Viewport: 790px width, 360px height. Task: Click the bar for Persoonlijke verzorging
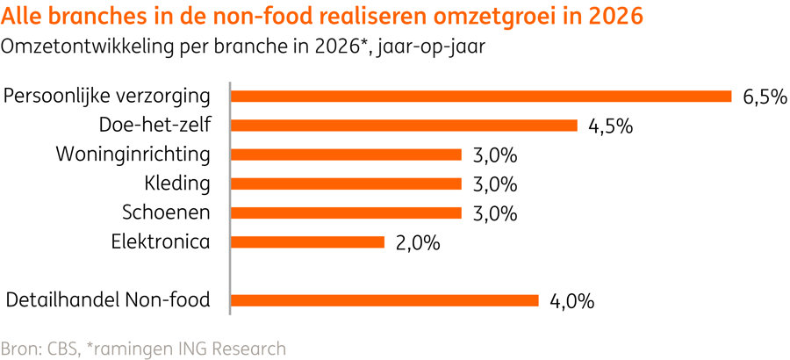[480, 97]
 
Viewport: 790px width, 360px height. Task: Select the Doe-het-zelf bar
[403, 126]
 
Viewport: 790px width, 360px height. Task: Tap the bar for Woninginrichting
[345, 155]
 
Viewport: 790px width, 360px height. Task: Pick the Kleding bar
[345, 184]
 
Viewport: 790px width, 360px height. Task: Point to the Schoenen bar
[345, 212]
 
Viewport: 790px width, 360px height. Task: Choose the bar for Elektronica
[306, 241]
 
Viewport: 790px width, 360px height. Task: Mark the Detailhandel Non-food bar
[384, 300]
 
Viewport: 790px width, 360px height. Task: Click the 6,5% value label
[764, 97]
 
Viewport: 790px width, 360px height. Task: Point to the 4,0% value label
[571, 301]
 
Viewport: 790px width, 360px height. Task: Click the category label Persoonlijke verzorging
[107, 97]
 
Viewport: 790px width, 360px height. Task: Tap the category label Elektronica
[161, 241]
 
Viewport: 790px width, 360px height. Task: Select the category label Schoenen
[165, 212]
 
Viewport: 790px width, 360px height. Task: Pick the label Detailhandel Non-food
[108, 300]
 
